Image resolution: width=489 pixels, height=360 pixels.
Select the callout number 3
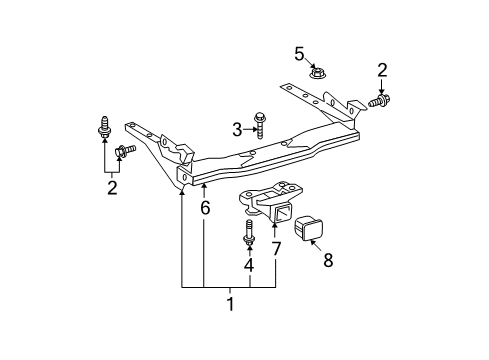237,128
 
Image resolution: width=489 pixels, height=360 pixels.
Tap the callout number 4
248,265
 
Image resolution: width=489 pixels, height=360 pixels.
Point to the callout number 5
297,53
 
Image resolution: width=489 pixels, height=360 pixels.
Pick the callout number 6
205,208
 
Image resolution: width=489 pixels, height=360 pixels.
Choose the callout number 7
276,246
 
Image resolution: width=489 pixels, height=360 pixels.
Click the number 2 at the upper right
380,69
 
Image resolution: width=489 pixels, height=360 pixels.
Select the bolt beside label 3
261,125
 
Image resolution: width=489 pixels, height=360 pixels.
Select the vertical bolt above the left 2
105,127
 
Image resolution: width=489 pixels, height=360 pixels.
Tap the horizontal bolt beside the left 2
126,151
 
